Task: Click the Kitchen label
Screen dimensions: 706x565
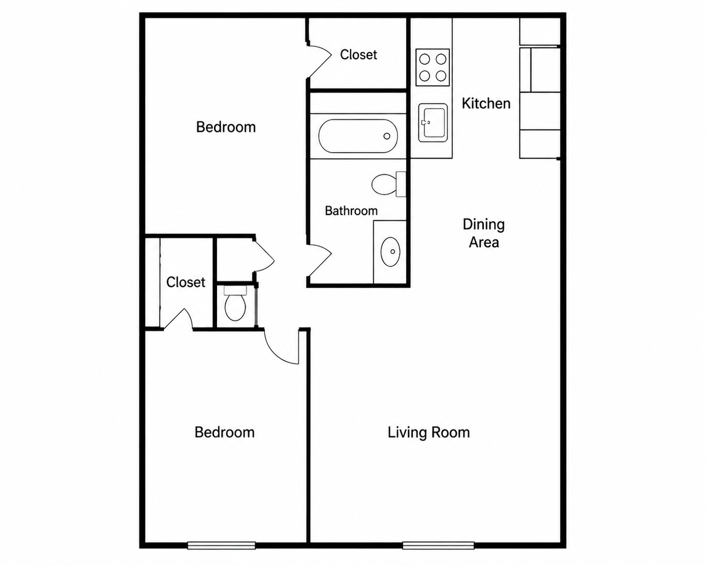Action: (x=486, y=104)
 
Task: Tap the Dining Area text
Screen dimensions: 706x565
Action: (x=484, y=233)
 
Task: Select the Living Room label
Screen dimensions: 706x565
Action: (x=429, y=433)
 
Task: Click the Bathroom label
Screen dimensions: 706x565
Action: (x=351, y=210)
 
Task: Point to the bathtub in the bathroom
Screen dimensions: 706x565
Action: (x=358, y=136)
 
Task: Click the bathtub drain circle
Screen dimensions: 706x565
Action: (x=387, y=136)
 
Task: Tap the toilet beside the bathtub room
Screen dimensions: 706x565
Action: (x=389, y=184)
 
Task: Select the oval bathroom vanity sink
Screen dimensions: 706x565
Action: (x=390, y=252)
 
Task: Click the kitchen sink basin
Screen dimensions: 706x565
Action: (x=433, y=123)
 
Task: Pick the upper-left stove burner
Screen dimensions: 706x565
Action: (x=425, y=59)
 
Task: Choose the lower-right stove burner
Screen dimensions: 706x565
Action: (x=441, y=76)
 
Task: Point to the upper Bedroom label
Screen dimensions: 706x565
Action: (x=226, y=127)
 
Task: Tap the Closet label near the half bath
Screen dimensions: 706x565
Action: (x=186, y=282)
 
